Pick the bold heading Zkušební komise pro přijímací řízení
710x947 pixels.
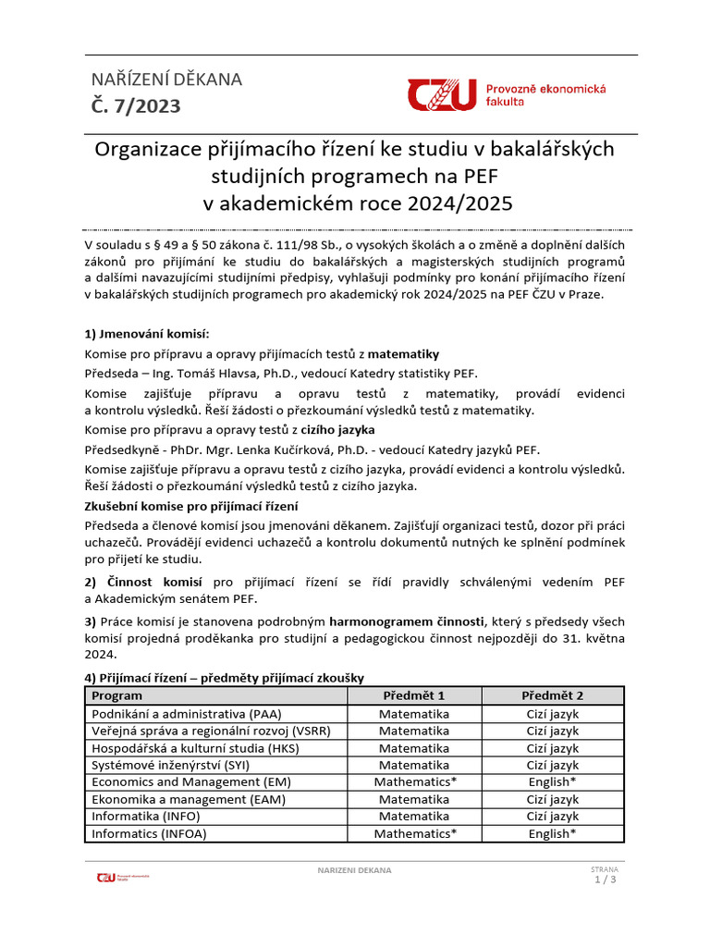204,507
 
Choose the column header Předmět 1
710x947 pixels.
414,695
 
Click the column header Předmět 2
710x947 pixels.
552,695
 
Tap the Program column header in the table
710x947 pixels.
116,695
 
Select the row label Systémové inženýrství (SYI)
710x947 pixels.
171,765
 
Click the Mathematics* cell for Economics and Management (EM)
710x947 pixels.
414,782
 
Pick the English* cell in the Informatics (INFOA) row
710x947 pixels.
552,833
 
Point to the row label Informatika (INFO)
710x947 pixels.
145,817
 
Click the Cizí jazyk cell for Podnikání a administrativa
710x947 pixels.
552,714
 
